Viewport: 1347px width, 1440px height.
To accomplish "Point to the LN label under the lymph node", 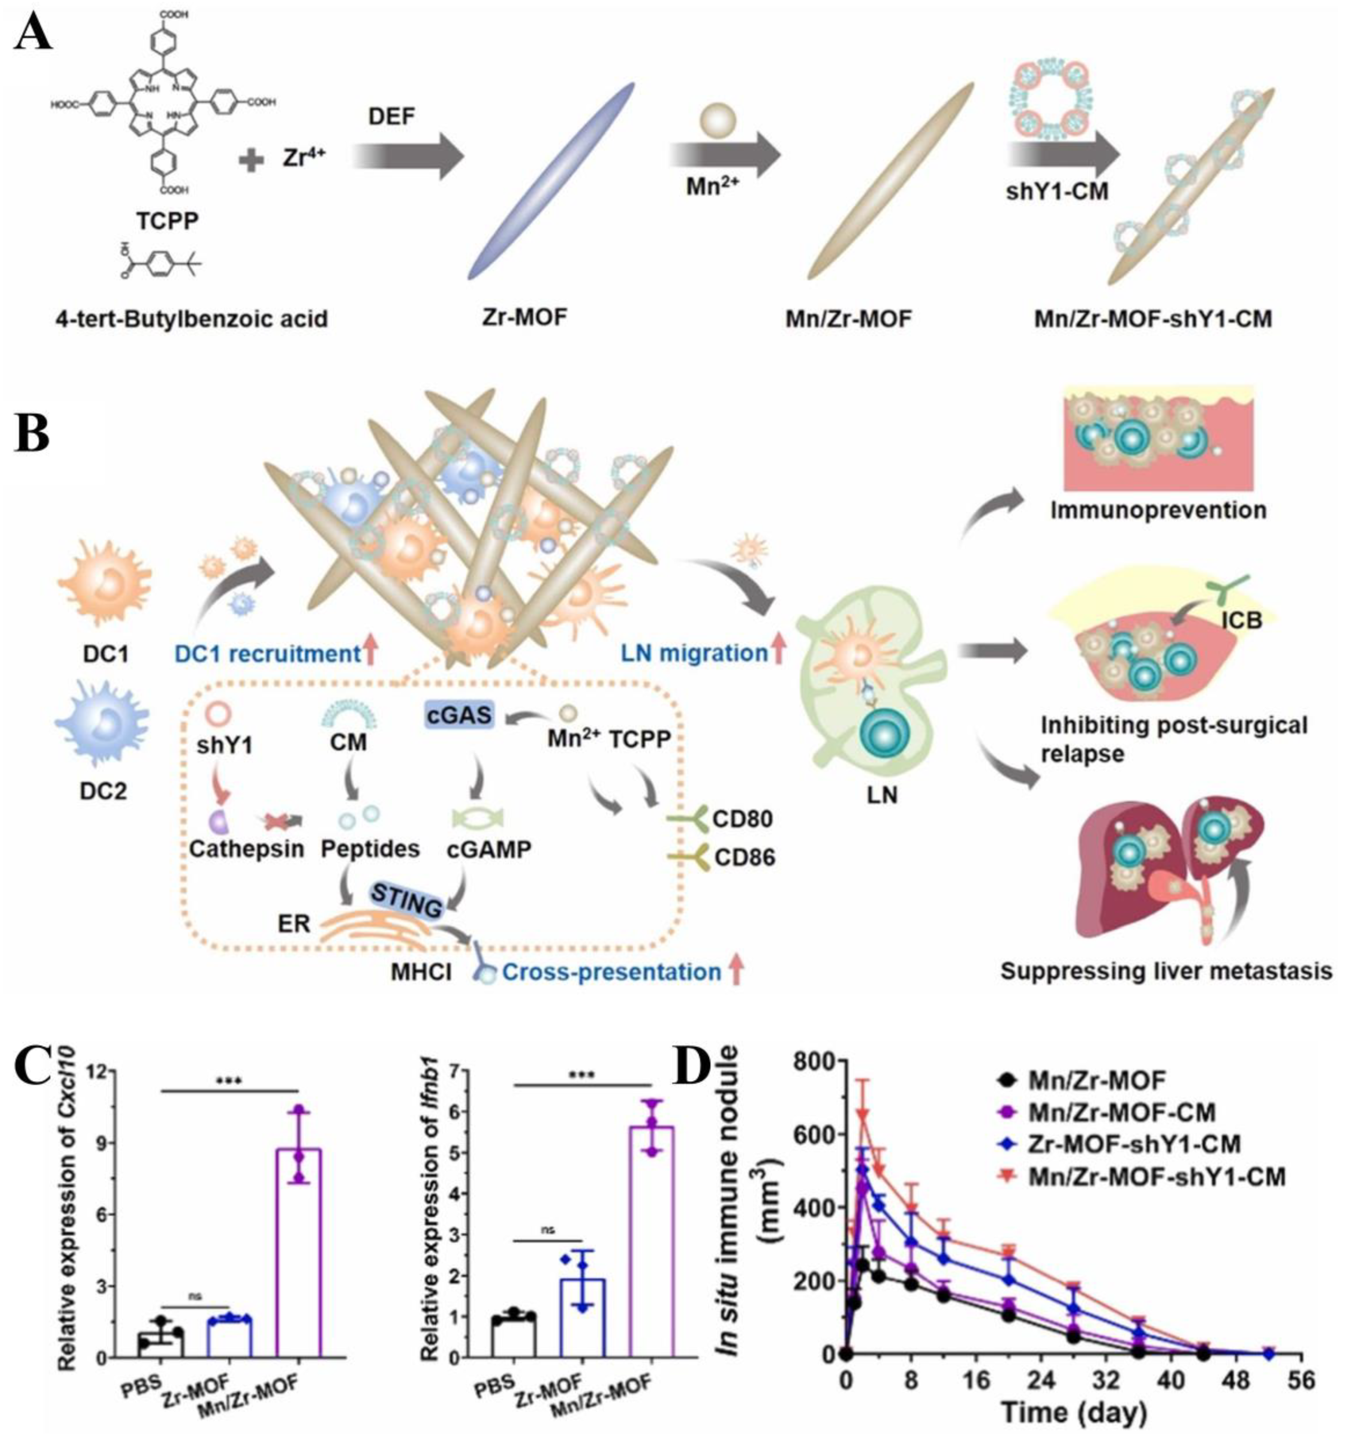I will (882, 795).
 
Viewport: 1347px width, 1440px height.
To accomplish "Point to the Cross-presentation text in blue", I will (612, 972).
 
